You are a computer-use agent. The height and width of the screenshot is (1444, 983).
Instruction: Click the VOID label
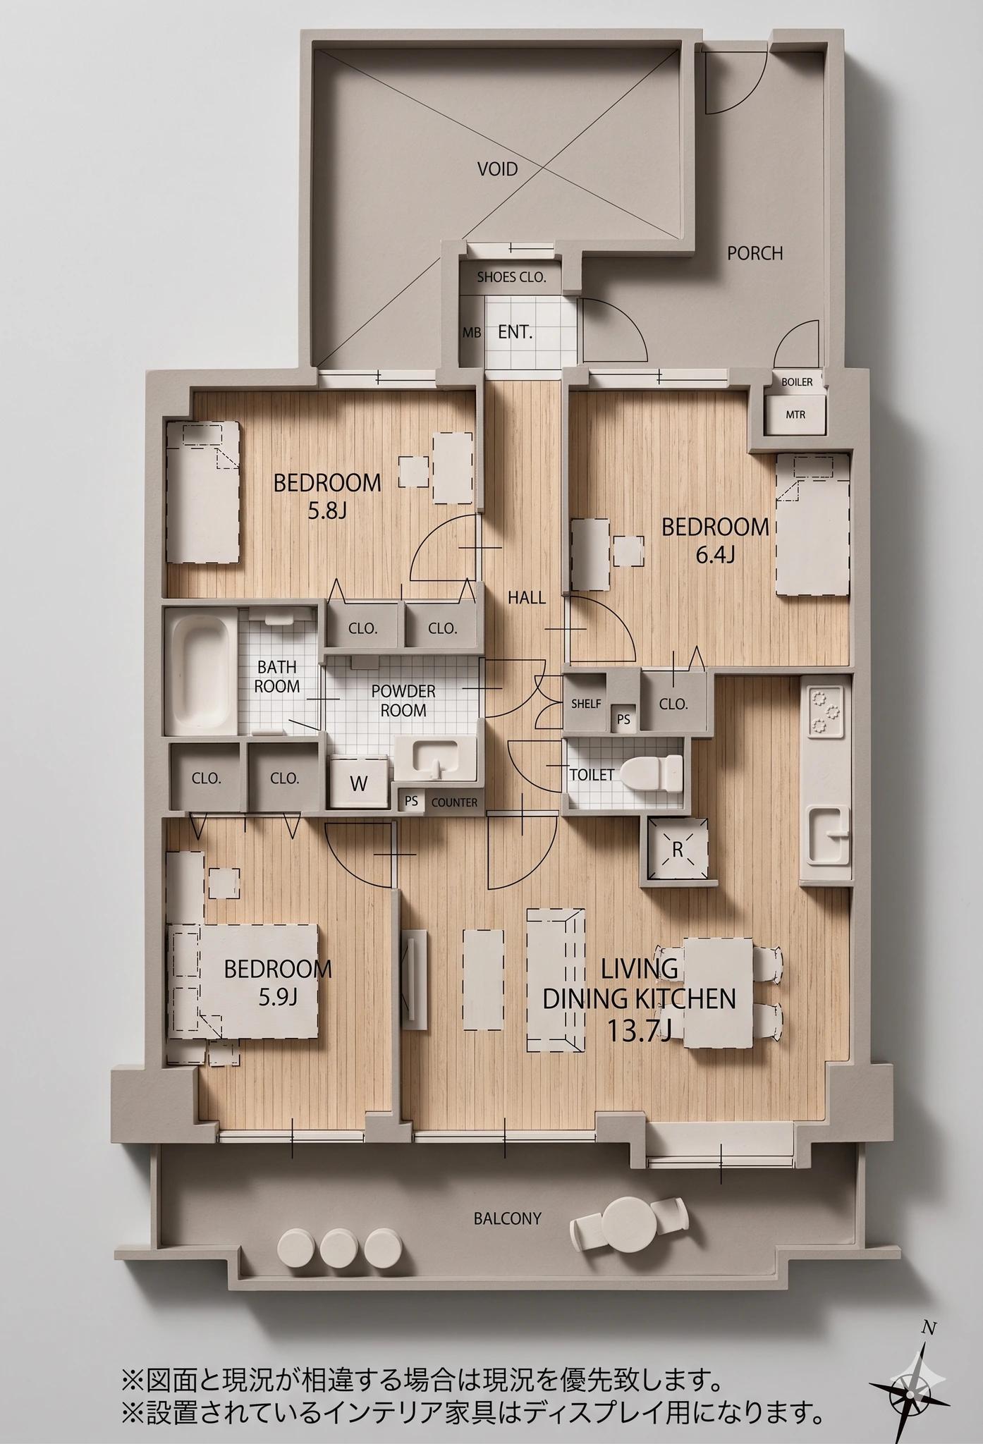[x=498, y=169]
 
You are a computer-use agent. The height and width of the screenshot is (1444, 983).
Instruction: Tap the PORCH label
[x=755, y=253]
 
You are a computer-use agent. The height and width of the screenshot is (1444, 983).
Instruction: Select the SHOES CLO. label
[x=511, y=277]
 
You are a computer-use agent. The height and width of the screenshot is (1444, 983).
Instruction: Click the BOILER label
[x=797, y=382]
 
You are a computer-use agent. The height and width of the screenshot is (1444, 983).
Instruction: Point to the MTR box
[x=795, y=415]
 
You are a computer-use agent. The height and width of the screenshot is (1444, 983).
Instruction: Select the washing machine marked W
[x=359, y=782]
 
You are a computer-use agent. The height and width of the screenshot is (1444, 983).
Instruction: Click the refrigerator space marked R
[x=678, y=850]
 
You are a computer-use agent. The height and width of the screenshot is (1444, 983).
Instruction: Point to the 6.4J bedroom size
[x=716, y=556]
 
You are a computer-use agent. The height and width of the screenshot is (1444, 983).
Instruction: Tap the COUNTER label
[x=454, y=802]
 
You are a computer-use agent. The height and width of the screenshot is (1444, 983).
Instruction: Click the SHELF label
[x=586, y=704]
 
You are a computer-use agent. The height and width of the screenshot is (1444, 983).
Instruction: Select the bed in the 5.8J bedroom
[x=203, y=492]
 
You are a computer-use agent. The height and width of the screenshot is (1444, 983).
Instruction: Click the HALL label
[x=527, y=598]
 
